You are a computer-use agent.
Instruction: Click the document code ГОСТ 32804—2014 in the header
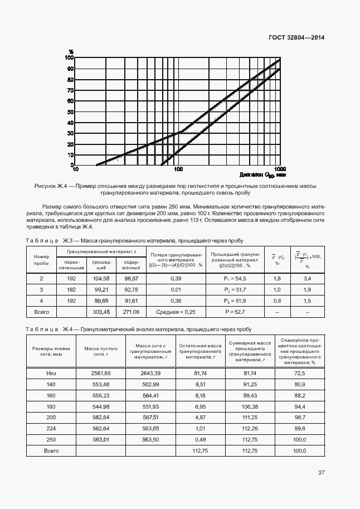pos(297,37)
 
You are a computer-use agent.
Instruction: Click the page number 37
pos(321,473)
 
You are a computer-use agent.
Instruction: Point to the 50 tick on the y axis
pos(70,112)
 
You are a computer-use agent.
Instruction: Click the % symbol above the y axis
pos(71,52)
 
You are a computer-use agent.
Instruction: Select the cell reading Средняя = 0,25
pos(176,312)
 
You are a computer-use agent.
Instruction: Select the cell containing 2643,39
pos(150,372)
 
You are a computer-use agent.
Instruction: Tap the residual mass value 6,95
pos(199,406)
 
